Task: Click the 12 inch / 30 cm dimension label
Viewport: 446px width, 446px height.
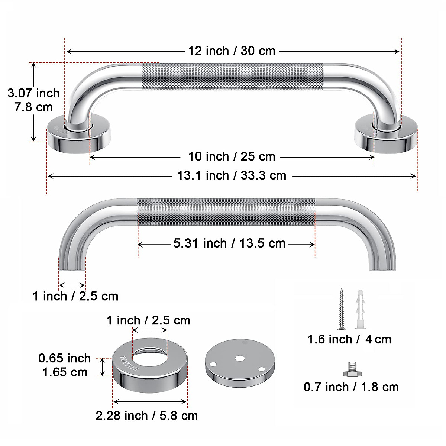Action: tap(232, 51)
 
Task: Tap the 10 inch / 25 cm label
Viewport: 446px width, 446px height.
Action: tap(232, 156)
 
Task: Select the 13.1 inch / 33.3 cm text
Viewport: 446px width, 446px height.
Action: tap(232, 175)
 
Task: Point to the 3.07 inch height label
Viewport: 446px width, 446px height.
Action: tap(33, 93)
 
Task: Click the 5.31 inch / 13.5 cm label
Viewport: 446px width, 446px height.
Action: tap(229, 243)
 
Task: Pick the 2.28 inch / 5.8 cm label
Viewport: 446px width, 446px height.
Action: tap(146, 415)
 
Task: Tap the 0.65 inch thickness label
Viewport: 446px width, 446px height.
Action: tap(64, 358)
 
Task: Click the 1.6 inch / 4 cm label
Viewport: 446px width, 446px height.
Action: tap(349, 339)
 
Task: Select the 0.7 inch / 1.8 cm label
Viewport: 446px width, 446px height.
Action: tap(351, 387)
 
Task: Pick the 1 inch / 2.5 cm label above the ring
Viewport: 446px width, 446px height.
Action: tap(148, 320)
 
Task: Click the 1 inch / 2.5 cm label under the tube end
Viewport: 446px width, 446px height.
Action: tap(75, 296)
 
